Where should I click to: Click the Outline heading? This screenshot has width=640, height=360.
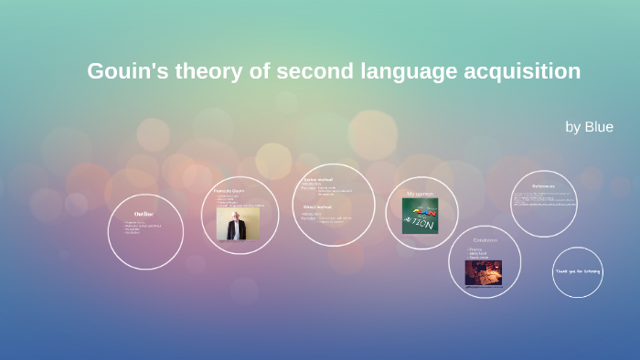tap(144, 213)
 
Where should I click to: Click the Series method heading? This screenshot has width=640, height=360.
tap(320, 180)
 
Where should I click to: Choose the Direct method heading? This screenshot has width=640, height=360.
tap(320, 207)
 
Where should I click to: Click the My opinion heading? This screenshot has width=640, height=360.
tap(420, 194)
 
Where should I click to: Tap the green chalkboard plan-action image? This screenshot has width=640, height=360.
tap(420, 216)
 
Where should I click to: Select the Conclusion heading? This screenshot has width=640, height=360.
tap(484, 240)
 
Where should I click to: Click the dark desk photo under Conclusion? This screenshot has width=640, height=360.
tap(484, 272)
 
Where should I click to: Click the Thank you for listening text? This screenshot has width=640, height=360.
tap(578, 271)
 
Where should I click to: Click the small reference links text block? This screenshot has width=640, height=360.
tap(543, 199)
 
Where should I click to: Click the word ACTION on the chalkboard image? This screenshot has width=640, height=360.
tap(421, 225)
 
